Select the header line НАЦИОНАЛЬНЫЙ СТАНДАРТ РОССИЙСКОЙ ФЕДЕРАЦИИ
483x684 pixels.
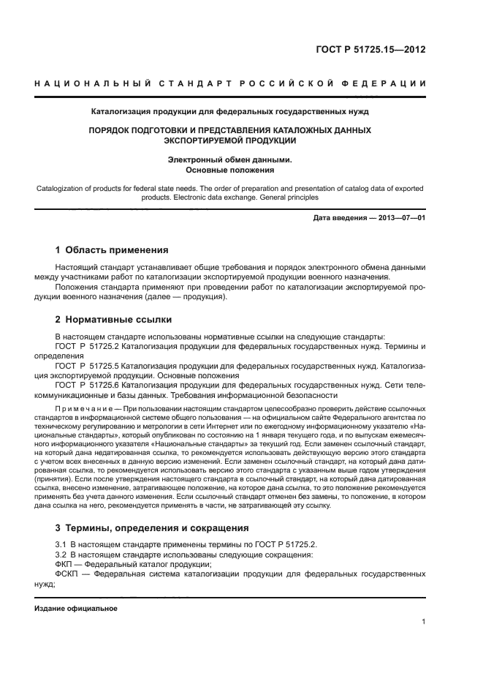(230, 84)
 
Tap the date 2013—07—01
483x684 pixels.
(400, 218)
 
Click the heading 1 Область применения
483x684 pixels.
(112, 249)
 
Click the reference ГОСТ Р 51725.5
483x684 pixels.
(87, 364)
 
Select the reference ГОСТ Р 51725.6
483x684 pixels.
(87, 383)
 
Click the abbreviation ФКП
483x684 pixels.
(66, 564)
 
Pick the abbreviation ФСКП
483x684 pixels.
(69, 574)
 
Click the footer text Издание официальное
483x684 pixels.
(76, 608)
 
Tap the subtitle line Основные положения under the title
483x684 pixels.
(229, 170)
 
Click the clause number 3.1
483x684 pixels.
(61, 544)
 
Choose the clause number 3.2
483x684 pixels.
(61, 555)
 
